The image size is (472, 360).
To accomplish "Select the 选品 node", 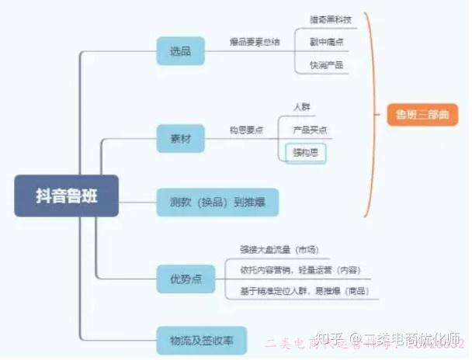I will pyautogui.click(x=180, y=51).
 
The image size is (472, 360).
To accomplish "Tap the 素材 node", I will pyautogui.click(x=180, y=140).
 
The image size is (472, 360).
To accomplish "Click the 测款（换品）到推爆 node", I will pyautogui.click(x=217, y=202).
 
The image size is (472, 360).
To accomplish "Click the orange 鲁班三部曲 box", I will pyautogui.click(x=422, y=116).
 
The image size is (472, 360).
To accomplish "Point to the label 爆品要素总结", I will pyautogui.click(x=255, y=41).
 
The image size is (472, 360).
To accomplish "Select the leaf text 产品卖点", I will pyautogui.click(x=309, y=129).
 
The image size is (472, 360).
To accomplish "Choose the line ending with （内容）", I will pyautogui.click(x=300, y=269).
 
